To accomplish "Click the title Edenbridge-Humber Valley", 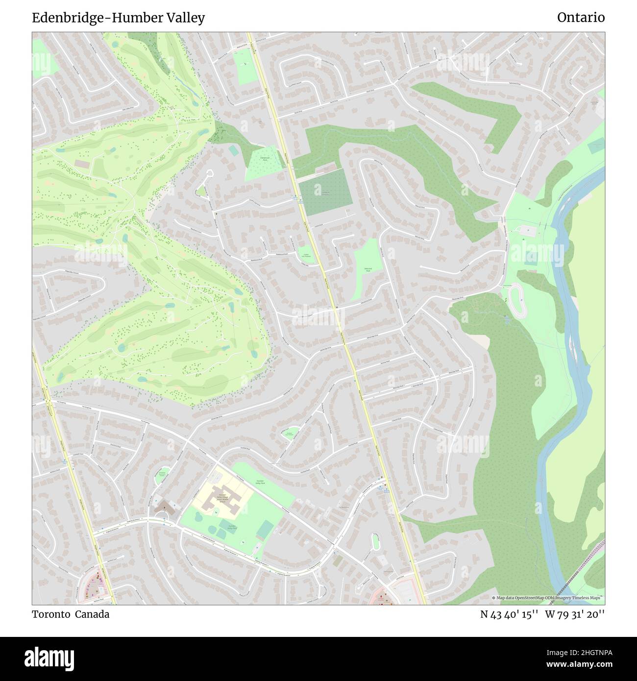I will pyautogui.click(x=118, y=18).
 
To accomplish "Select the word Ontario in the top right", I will pyautogui.click(x=581, y=18).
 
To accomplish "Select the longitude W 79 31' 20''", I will pyautogui.click(x=574, y=614).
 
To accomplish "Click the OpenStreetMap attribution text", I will pyautogui.click(x=548, y=598).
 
